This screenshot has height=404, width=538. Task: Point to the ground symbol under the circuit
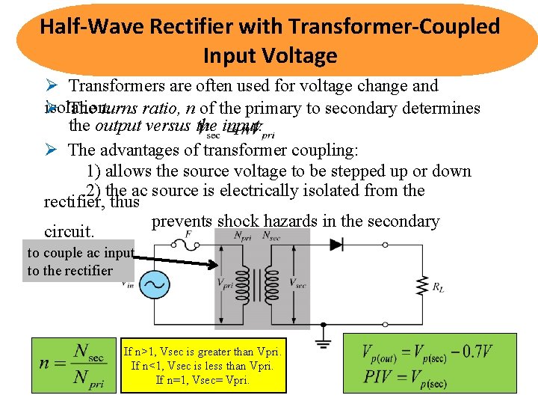pyautogui.click(x=323, y=342)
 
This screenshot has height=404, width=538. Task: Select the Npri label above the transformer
pyautogui.click(x=242, y=235)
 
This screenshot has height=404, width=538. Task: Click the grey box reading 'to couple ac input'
pyautogui.click(x=80, y=262)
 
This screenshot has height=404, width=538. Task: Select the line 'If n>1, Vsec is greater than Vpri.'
pyautogui.click(x=202, y=352)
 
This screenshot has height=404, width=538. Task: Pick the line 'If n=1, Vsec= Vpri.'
pyautogui.click(x=202, y=379)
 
